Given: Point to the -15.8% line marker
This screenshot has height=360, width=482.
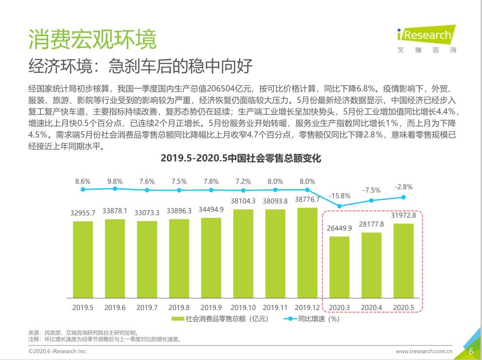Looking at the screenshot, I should pos(339,206).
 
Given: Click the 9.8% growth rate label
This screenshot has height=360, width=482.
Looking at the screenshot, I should pos(115,180).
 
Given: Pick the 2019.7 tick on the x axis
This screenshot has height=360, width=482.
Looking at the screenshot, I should pos(147,307).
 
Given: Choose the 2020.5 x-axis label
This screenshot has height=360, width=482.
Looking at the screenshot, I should pos(403,307).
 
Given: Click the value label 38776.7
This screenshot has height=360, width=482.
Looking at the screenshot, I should pos(307,199).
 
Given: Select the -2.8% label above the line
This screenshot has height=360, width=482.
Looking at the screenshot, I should pos(403,187).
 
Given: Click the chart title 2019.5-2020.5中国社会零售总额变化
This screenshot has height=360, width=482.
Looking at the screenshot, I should pos(241,159).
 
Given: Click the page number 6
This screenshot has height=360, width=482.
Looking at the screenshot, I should pos(471,351).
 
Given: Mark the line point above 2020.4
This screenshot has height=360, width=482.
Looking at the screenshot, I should pos(372,200).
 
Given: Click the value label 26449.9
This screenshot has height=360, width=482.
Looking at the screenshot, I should pos(339,228).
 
